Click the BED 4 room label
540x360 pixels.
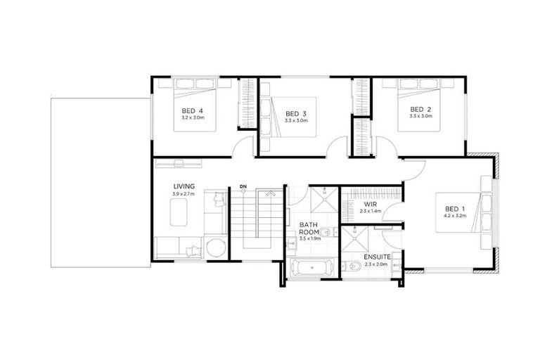(x=192, y=111)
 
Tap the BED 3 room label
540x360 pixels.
(x=296, y=114)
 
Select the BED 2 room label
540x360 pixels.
(x=420, y=109)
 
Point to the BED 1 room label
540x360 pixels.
(x=455, y=209)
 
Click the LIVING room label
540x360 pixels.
(x=184, y=186)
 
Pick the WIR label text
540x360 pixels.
(x=371, y=204)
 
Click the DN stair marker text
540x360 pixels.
(x=243, y=186)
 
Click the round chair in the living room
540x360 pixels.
(x=216, y=248)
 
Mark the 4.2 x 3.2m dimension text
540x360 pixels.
(x=455, y=217)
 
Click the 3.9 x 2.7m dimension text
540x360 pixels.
(x=184, y=194)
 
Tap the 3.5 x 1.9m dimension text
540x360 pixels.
(x=309, y=239)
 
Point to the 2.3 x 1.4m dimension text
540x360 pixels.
(x=371, y=211)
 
